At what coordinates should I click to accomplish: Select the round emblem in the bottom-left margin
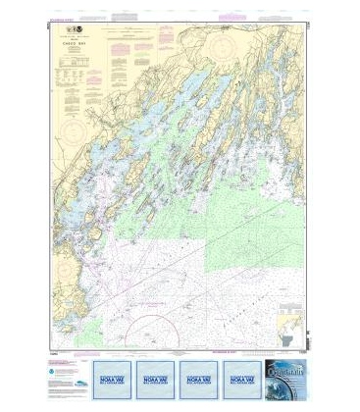point(58,372)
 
